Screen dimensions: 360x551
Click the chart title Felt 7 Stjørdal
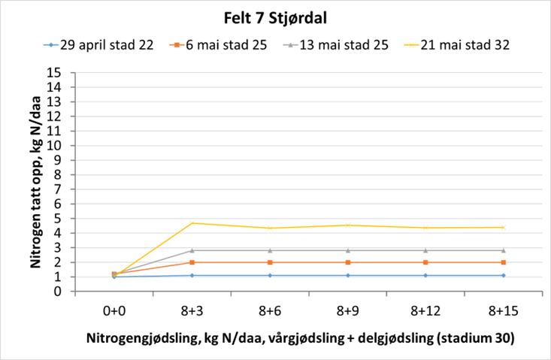tap(274, 17)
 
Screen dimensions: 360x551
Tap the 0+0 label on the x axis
tap(114, 309)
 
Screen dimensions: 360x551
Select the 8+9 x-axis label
tap(347, 309)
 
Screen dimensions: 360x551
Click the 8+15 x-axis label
tap(503, 309)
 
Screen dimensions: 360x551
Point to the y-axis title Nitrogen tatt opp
tap(35, 182)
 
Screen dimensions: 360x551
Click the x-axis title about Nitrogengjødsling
tap(298, 338)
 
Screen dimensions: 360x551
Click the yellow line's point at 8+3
tap(192, 222)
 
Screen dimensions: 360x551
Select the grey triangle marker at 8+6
tap(270, 250)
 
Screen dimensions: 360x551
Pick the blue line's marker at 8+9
tap(347, 275)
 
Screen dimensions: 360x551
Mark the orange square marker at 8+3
tap(192, 262)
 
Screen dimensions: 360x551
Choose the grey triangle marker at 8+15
tap(503, 250)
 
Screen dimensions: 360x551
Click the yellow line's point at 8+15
tap(503, 227)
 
